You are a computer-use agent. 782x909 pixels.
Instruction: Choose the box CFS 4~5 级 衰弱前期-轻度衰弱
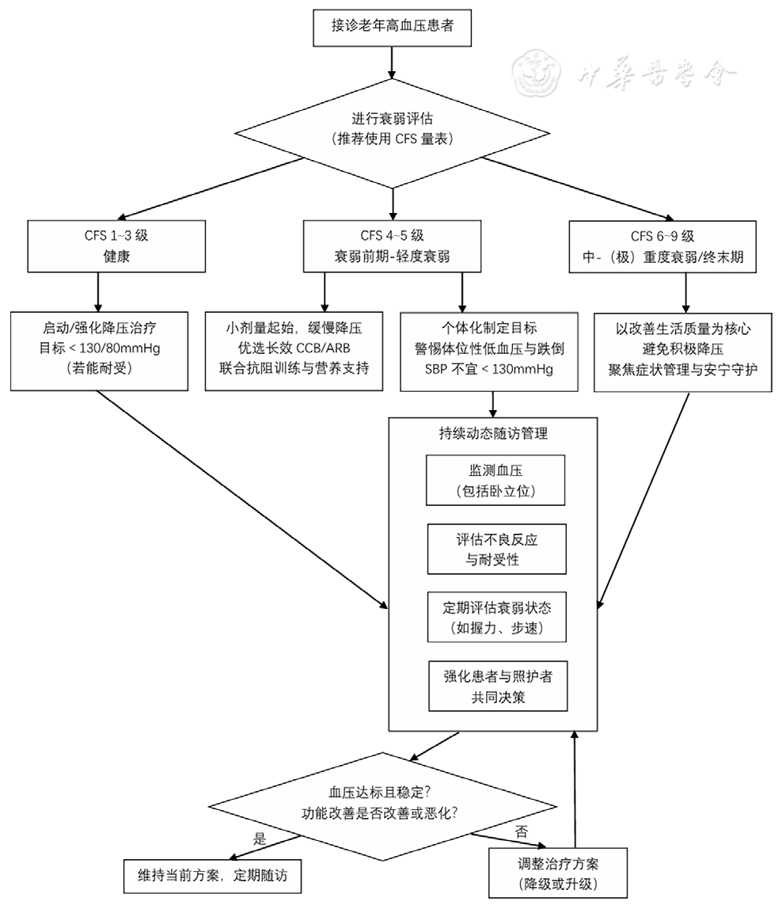(393, 246)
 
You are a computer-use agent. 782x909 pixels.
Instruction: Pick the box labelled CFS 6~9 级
(662, 246)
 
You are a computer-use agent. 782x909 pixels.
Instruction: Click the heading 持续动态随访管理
(493, 433)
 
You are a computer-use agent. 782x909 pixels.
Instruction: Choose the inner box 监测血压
(496, 480)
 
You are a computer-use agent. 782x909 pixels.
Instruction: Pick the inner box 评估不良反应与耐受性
(496, 549)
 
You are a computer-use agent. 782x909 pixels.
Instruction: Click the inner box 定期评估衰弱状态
(496, 618)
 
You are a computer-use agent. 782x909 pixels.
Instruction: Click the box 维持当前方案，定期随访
(214, 874)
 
